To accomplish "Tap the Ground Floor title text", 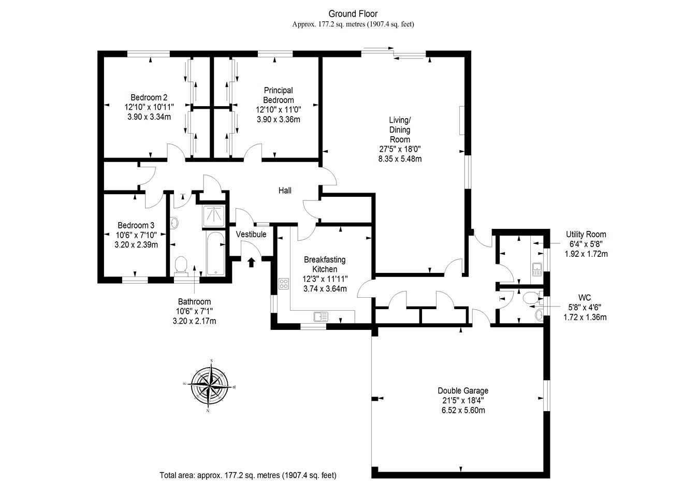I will pos(353,14).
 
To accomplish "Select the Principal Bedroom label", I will pos(278,95).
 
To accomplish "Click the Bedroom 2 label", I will pos(149,97).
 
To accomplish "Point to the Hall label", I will pos(285,191).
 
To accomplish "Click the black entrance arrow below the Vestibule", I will pos(252,263).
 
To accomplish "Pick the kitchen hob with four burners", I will pos(284,283).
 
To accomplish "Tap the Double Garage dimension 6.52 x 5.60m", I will pos(462,410).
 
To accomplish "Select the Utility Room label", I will pos(586,235).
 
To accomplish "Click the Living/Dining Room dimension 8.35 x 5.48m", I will pos(400,159).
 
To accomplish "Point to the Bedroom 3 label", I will pos(136,225).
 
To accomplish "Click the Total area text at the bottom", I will pos(248,475).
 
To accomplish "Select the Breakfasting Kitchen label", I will pos(325,264).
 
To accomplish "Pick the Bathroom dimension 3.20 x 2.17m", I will pos(194,321).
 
